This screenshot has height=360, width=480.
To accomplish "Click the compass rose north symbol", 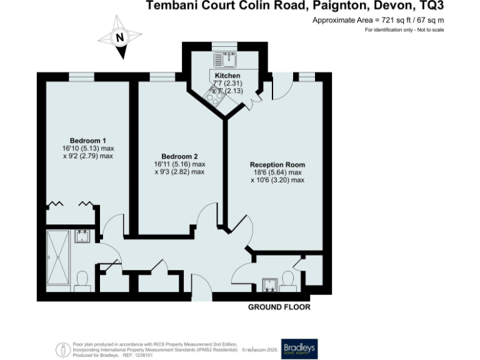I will pyautogui.click(x=119, y=38).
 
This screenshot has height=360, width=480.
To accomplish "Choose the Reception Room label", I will pyautogui.click(x=277, y=164).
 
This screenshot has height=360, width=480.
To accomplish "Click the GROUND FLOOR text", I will pyautogui.click(x=279, y=307).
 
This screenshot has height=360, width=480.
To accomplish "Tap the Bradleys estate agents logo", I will pyautogui.click(x=299, y=347).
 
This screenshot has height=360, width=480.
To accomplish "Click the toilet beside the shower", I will pyautogui.click(x=81, y=280).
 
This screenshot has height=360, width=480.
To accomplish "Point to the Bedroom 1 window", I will pyautogui.click(x=82, y=77).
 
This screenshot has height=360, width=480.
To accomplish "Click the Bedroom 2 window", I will pyautogui.click(x=162, y=77).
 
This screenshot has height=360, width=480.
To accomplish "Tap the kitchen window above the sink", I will pyautogui.click(x=224, y=44).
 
